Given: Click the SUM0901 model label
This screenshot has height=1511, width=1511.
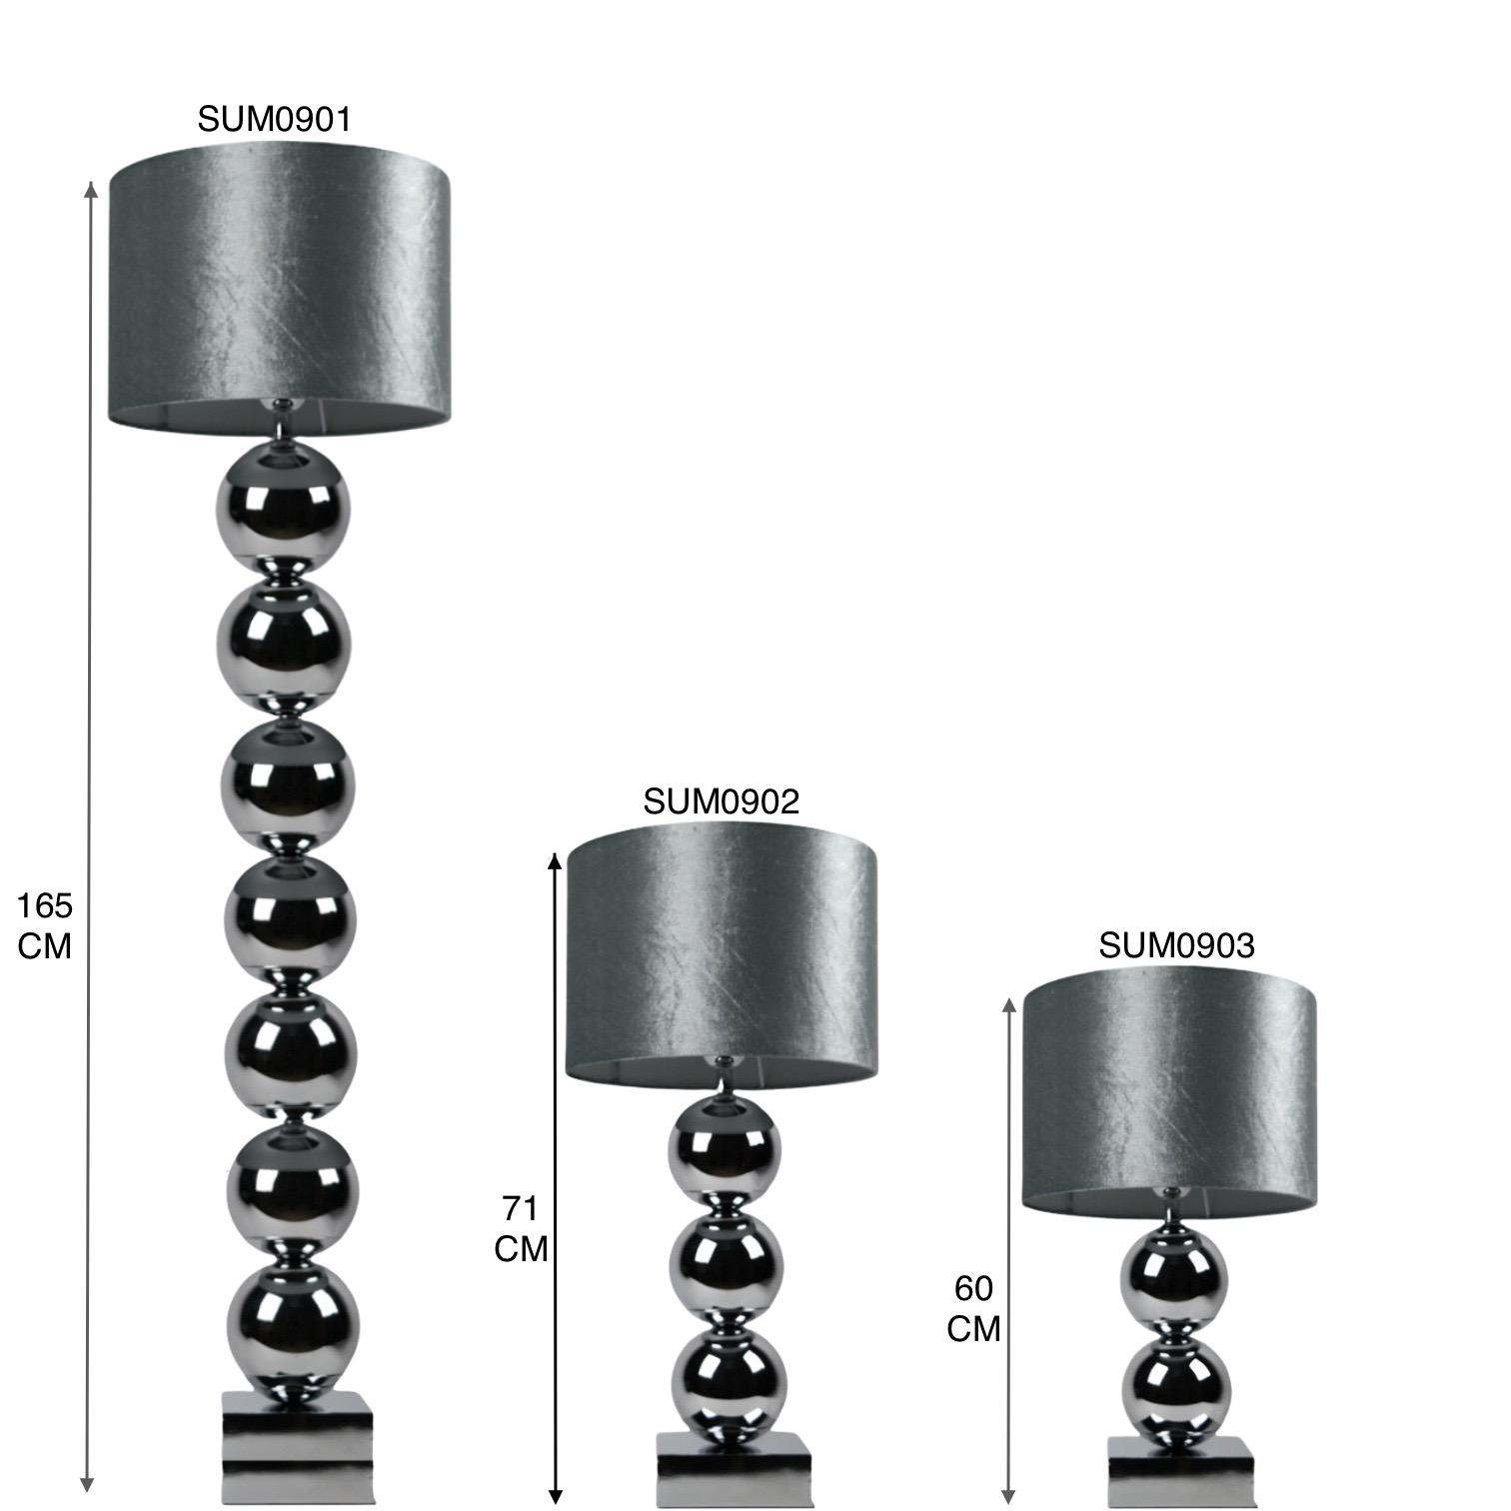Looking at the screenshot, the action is pyautogui.click(x=275, y=119).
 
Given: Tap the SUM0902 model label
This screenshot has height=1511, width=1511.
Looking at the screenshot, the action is pyautogui.click(x=722, y=801).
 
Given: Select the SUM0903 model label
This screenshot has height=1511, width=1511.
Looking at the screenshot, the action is pyautogui.click(x=1176, y=945).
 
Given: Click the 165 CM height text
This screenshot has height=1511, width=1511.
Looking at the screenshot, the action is pyautogui.click(x=45, y=925).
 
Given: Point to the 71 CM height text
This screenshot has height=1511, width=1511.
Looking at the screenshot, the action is pyautogui.click(x=521, y=1229).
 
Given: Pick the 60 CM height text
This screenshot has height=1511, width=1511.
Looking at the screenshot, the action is pyautogui.click(x=973, y=1309).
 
